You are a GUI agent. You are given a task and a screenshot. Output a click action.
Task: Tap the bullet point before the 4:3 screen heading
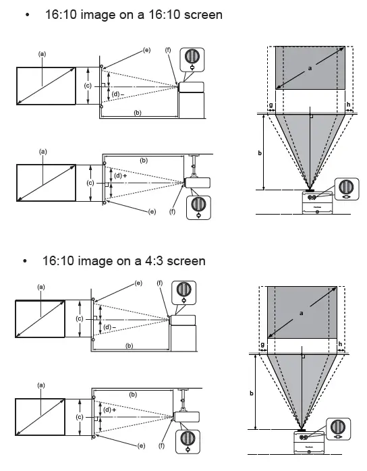[26, 261]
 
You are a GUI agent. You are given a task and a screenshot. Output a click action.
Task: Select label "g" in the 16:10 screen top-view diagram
[271, 105]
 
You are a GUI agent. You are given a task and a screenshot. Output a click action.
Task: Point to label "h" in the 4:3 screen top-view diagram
[340, 344]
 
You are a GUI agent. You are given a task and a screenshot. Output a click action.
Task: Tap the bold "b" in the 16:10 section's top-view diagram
[260, 153]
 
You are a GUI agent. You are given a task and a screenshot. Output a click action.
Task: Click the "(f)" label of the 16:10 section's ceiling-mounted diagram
[172, 212]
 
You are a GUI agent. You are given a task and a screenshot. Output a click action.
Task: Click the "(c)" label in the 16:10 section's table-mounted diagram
[87, 86]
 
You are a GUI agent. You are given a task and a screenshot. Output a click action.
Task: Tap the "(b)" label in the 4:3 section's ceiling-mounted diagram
[133, 393]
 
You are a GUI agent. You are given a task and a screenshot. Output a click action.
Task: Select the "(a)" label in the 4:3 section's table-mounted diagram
[40, 287]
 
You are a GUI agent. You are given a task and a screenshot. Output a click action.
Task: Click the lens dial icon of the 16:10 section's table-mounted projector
[193, 59]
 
